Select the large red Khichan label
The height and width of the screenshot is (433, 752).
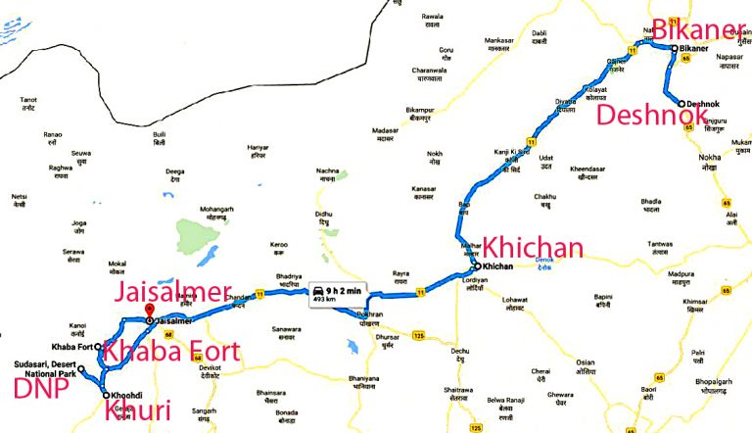[x=532, y=247]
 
